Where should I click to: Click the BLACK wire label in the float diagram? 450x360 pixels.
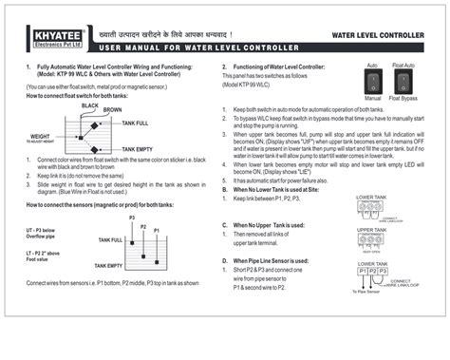(x=90, y=104)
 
